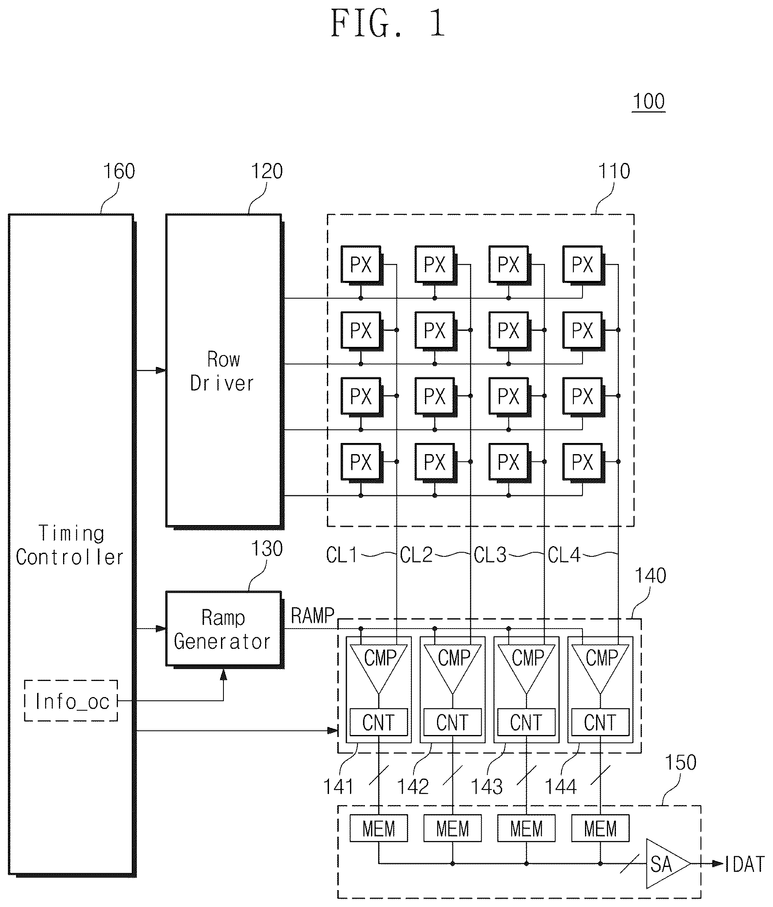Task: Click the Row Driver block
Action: (223, 370)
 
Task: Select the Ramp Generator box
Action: (223, 629)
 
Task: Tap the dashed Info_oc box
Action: (71, 701)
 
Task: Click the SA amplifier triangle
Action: (667, 864)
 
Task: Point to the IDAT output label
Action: (745, 865)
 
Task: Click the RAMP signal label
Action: (312, 616)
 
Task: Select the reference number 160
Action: (119, 171)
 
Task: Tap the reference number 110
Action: (614, 171)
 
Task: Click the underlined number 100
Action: (649, 101)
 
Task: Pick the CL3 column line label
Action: (490, 555)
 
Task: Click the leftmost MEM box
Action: (379, 829)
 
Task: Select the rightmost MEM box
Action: (600, 829)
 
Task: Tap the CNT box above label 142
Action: (452, 722)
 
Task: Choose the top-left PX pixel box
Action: (361, 265)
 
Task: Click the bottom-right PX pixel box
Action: (583, 462)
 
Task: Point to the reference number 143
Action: (486, 787)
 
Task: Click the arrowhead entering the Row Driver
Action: (161, 370)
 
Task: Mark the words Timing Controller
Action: (70, 545)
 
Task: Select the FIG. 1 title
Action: (388, 24)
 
